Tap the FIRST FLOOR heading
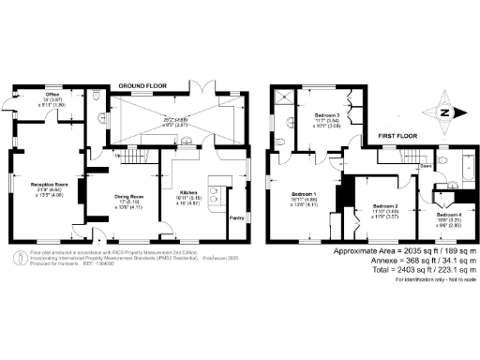click(397, 136)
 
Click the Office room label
click(52, 95)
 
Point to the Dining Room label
click(128, 196)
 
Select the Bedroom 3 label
click(325, 114)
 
